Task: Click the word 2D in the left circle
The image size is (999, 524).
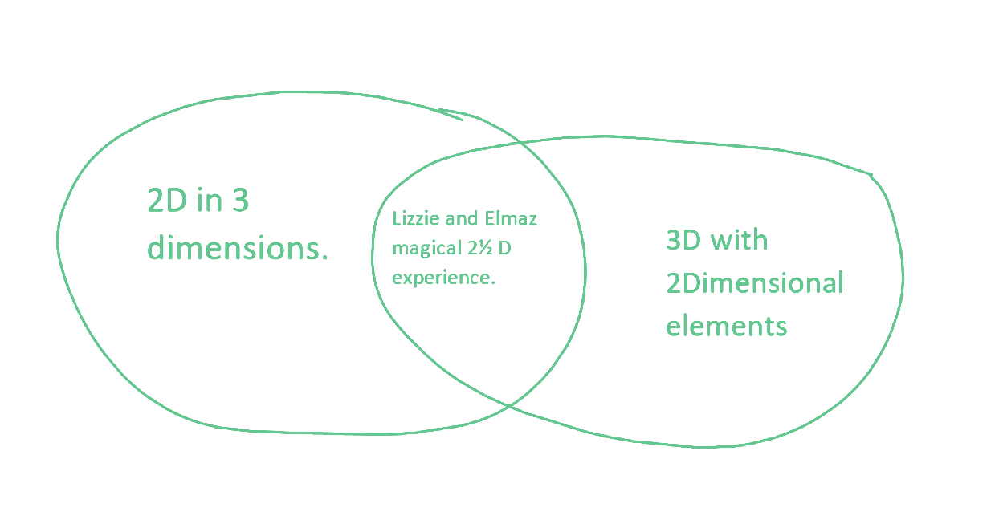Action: pyautogui.click(x=167, y=201)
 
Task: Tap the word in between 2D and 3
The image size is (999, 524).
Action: pyautogui.click(x=208, y=201)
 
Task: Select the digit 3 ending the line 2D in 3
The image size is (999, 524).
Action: pyautogui.click(x=240, y=201)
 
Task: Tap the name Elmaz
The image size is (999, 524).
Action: pyautogui.click(x=510, y=219)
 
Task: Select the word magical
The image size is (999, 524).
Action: pyautogui.click(x=421, y=250)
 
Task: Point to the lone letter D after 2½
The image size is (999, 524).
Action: pyautogui.click(x=505, y=249)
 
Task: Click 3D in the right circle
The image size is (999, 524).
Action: pyautogui.click(x=683, y=240)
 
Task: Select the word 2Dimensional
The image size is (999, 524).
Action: pyautogui.click(x=754, y=283)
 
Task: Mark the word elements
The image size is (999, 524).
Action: pyautogui.click(x=726, y=327)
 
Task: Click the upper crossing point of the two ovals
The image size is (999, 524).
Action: pyautogui.click(x=523, y=145)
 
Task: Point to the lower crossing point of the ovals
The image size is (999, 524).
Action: pyautogui.click(x=510, y=406)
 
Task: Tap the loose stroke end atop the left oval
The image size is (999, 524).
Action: pyautogui.click(x=461, y=120)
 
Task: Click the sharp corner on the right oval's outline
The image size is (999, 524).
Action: pyautogui.click(x=872, y=175)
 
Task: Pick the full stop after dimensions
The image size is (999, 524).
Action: pyautogui.click(x=324, y=258)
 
